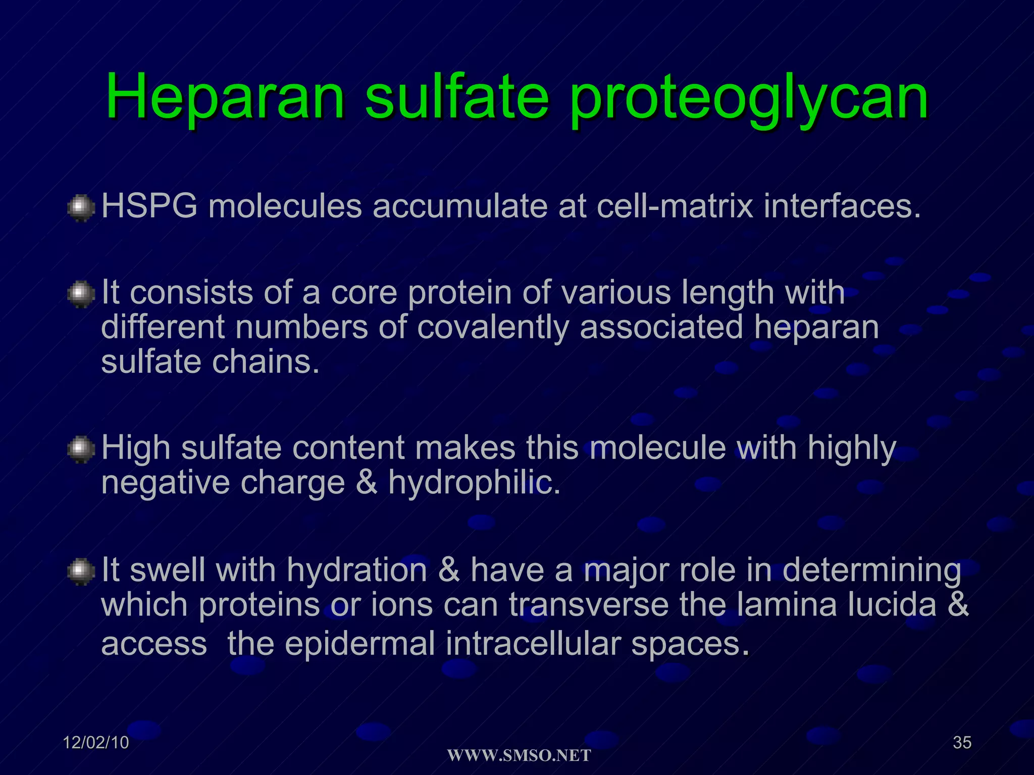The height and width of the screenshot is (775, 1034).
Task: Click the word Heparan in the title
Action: (225, 96)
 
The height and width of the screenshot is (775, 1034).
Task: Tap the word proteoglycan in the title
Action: (749, 98)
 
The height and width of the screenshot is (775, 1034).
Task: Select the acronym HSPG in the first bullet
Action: (149, 206)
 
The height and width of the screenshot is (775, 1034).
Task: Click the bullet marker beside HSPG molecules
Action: (81, 208)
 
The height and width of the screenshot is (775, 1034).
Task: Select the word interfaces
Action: (842, 206)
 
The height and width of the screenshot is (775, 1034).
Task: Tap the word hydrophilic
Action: (474, 483)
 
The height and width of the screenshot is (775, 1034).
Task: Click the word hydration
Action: (357, 570)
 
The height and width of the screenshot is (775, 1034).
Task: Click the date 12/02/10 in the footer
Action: (96, 742)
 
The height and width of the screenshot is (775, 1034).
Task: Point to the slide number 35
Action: (962, 742)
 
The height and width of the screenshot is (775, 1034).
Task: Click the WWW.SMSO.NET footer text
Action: (519, 755)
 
